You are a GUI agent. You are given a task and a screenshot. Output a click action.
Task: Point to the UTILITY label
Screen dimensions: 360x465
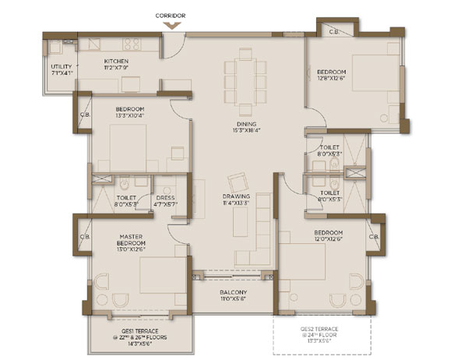point(62,67)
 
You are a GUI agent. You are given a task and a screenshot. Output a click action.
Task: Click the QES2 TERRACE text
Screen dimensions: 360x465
point(321,330)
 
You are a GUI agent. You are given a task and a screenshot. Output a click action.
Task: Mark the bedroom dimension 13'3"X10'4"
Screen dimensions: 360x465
point(130,115)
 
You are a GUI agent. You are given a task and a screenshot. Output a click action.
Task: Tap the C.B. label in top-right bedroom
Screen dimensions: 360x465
point(334,32)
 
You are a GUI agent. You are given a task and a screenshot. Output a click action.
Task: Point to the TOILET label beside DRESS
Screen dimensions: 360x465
point(126,198)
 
